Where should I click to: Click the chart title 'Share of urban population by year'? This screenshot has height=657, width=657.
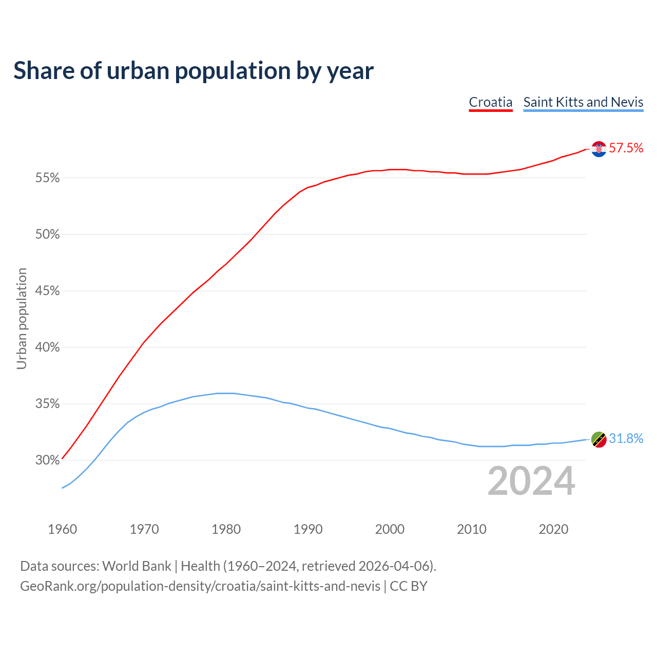pos(194,71)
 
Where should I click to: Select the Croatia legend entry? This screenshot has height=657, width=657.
pos(491,102)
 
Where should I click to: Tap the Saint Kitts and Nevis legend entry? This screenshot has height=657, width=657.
pos(583,102)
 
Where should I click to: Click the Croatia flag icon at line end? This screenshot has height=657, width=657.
pos(599,149)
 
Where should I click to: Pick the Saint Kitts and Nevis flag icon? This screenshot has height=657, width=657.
pos(599,439)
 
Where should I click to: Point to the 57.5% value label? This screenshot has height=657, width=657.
pos(626,148)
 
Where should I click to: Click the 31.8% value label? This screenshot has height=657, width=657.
pos(626,439)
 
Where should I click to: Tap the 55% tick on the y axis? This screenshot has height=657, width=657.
pos(47,178)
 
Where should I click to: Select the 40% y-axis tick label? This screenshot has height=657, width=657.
pos(47,347)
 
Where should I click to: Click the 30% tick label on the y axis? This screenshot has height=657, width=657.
pos(47,460)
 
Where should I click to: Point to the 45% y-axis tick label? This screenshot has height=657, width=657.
pos(47,291)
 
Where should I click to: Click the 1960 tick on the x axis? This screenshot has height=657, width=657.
pos(62,529)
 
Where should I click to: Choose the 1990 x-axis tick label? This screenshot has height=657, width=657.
pos(308,529)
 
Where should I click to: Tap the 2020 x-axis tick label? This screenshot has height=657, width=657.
pos(553,529)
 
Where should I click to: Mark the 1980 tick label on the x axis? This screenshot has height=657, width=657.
pos(226,529)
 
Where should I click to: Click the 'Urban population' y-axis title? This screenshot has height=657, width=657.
pos(22,318)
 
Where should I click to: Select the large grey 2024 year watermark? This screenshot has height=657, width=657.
pos(531,481)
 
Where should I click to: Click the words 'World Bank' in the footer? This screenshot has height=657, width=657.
pos(137,566)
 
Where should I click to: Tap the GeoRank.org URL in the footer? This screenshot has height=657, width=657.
pos(200,586)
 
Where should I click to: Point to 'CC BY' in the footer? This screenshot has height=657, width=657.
pos(409,586)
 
